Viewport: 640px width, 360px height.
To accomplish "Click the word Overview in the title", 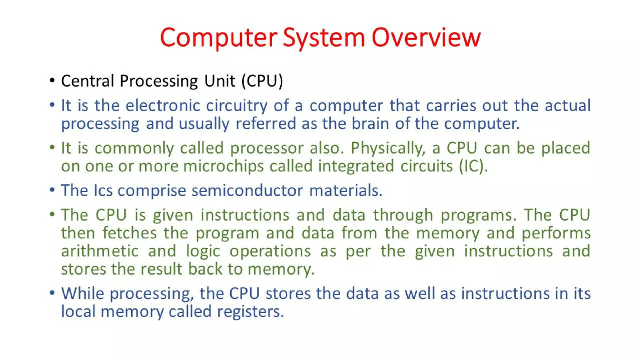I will (x=426, y=37).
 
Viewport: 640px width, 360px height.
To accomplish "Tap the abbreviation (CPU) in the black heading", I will (x=262, y=81).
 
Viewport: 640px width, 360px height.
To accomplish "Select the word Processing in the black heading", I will (x=159, y=81).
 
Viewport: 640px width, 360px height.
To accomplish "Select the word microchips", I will (x=223, y=166).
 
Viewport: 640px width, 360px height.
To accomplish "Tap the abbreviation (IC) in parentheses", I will (x=472, y=166).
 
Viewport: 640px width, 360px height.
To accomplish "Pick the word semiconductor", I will (x=247, y=190).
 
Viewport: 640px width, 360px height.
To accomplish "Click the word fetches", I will (x=129, y=233).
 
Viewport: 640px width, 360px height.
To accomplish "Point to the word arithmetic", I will (x=100, y=251).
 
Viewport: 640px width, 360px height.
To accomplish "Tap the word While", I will (x=82, y=293).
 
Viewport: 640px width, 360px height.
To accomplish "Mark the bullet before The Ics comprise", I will (x=52, y=190).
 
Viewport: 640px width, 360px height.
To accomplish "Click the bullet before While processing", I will (x=52, y=293).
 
